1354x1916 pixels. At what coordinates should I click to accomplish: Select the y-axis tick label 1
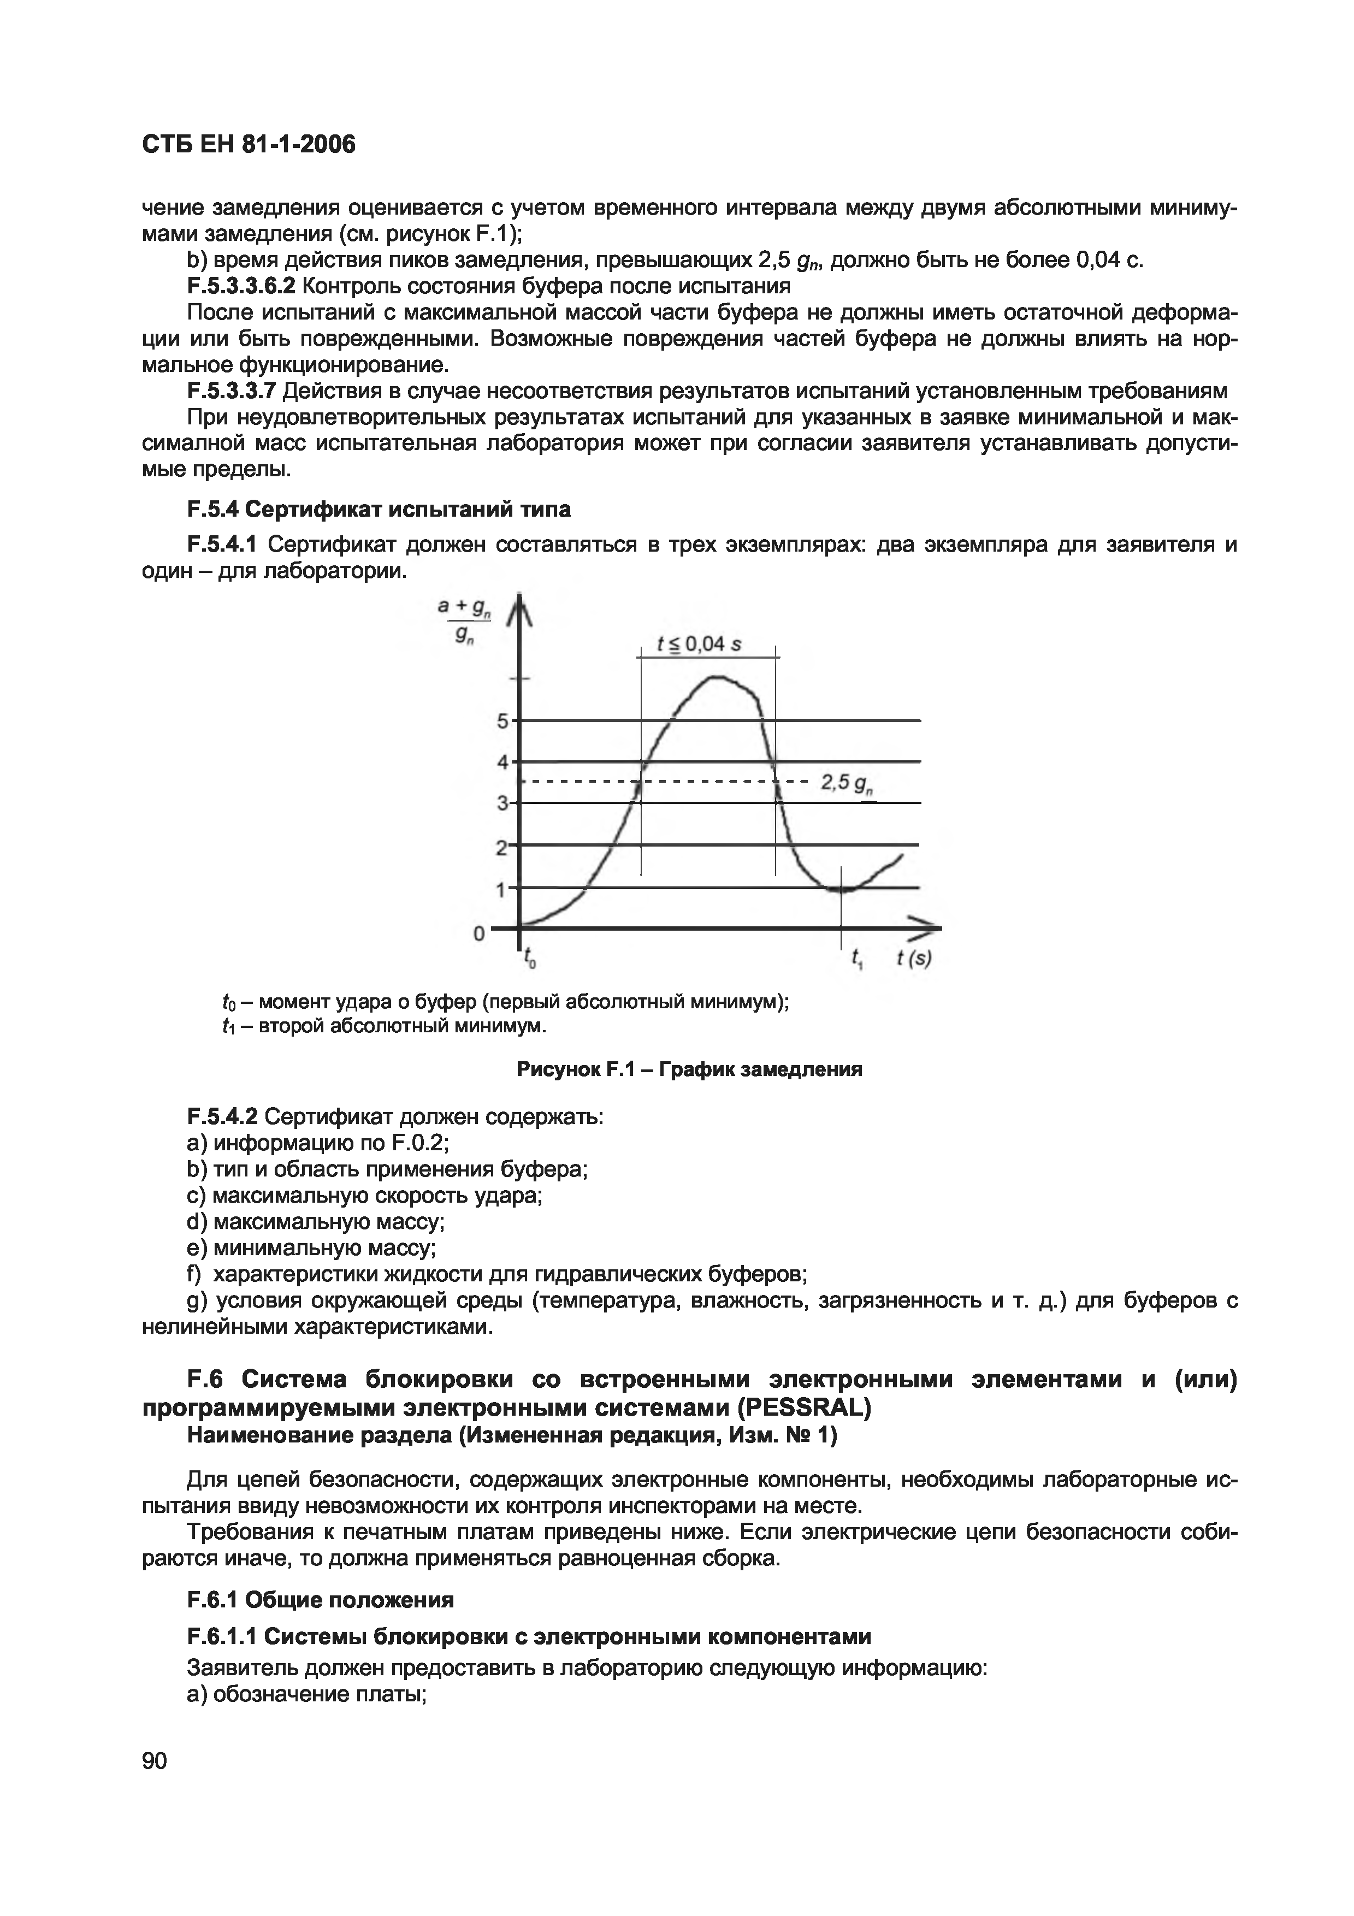[x=501, y=890]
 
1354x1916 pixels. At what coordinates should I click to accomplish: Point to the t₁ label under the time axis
[x=858, y=960]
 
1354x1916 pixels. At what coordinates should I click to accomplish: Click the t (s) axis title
[x=914, y=959]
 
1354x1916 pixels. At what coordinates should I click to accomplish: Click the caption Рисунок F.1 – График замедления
[x=689, y=1069]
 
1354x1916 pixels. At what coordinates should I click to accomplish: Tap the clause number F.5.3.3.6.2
[x=241, y=286]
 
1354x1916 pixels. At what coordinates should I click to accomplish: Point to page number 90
[x=155, y=1761]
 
